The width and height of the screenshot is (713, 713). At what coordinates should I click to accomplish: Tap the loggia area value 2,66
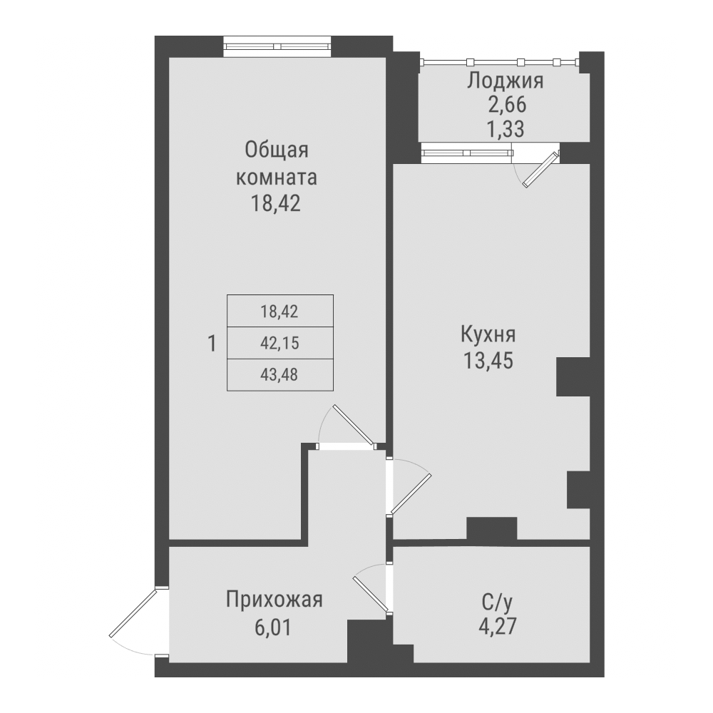[506, 106]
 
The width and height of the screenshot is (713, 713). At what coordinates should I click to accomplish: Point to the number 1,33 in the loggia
[506, 130]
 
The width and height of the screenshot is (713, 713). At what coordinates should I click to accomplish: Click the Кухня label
[488, 334]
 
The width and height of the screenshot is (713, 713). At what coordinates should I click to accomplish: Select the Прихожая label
[275, 600]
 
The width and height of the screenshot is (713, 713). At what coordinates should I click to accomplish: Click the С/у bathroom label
[497, 603]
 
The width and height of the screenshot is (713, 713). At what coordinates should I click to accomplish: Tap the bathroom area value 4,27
[497, 628]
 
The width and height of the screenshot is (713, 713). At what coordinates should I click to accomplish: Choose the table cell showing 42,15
[280, 343]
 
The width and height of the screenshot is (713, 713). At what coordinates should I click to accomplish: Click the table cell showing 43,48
[280, 375]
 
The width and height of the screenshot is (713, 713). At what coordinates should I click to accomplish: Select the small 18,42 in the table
[280, 311]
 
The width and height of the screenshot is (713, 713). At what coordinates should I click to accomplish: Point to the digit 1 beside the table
[212, 344]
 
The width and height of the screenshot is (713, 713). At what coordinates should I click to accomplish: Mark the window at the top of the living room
[278, 47]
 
